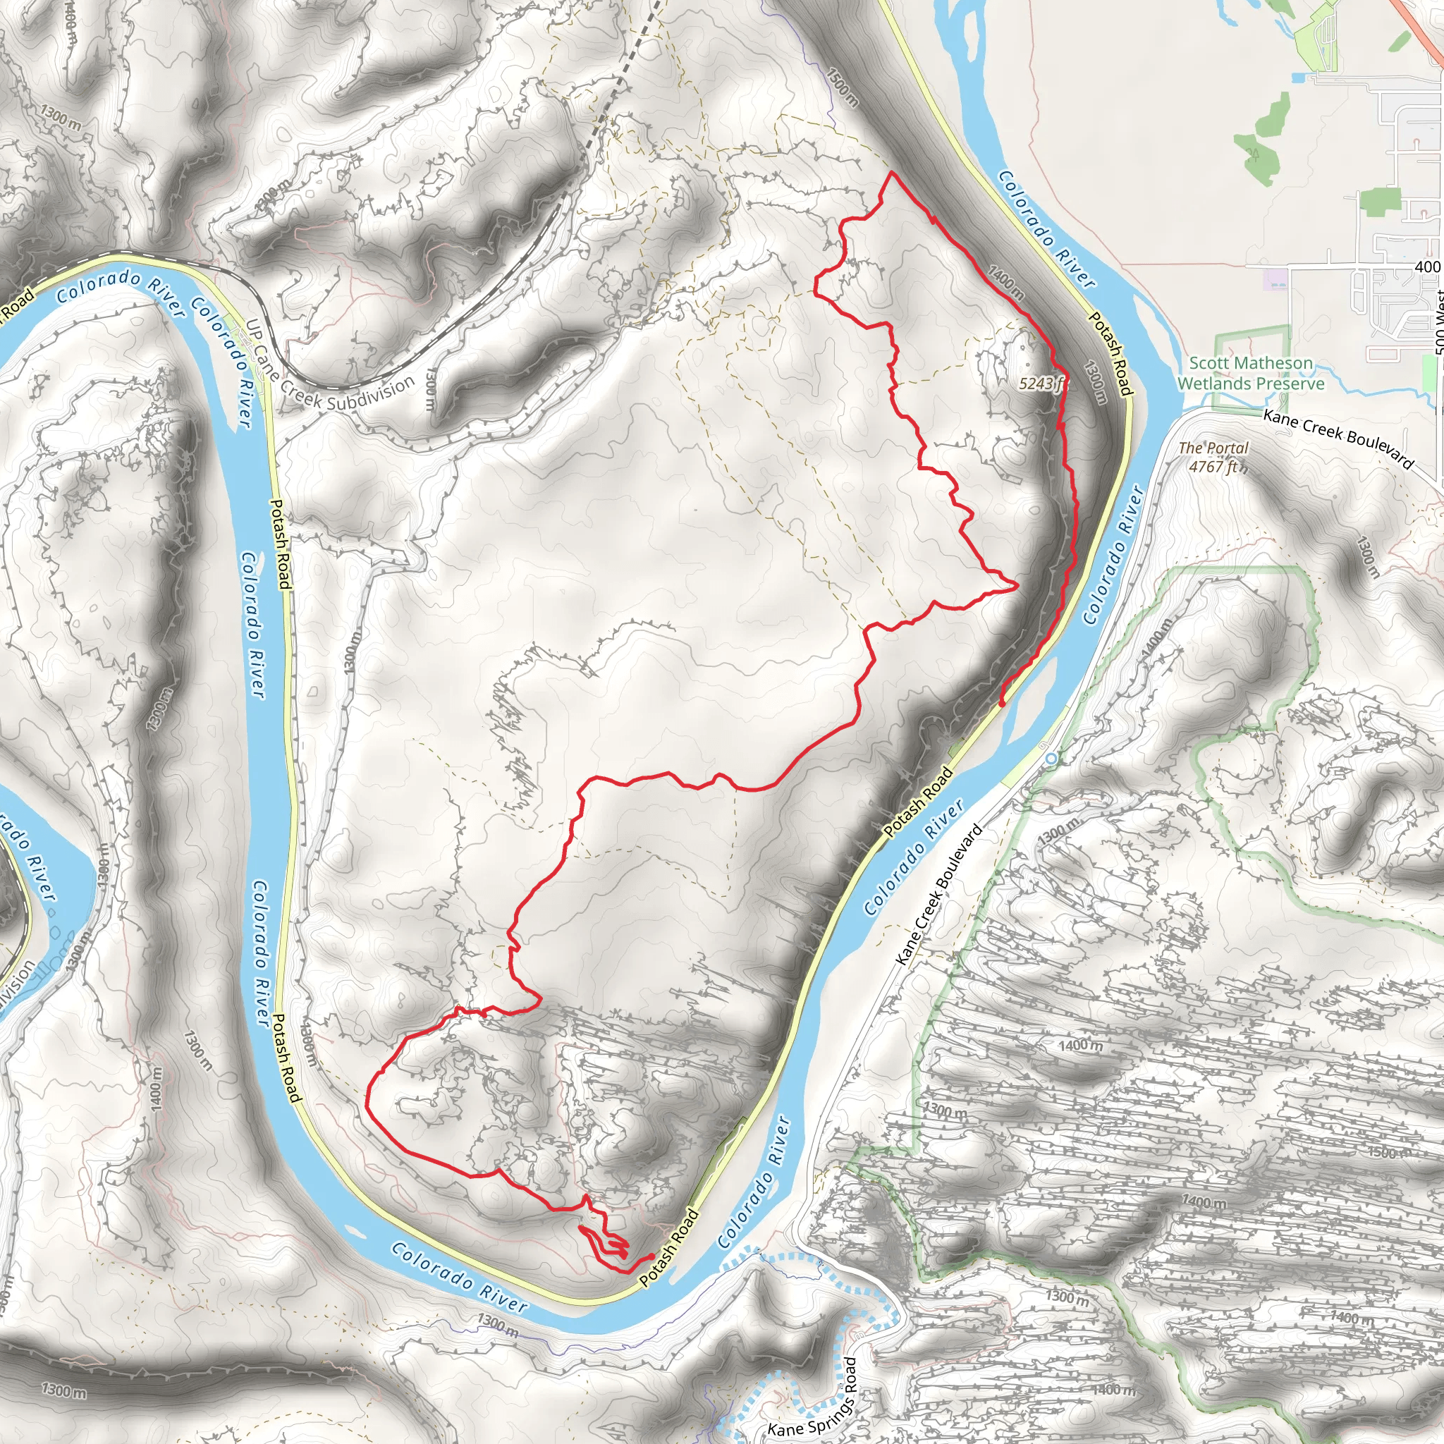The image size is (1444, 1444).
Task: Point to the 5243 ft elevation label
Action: [1042, 384]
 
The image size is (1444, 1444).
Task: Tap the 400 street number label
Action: [1427, 267]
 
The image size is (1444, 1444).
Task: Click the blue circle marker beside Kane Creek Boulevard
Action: [1051, 759]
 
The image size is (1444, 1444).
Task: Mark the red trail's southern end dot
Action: [651, 1256]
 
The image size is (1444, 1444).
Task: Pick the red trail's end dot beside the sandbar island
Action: [1001, 703]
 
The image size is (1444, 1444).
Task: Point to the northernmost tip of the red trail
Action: [892, 173]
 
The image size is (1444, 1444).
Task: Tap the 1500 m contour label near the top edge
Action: [843, 86]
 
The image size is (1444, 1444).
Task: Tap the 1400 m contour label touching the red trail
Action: [1005, 283]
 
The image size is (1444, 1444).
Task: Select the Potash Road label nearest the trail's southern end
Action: [668, 1248]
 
